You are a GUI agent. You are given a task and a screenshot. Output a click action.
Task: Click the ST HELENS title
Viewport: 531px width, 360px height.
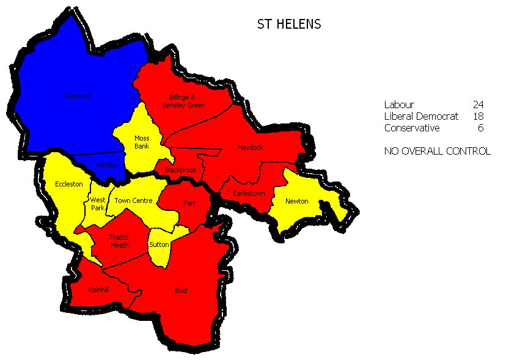click(289, 24)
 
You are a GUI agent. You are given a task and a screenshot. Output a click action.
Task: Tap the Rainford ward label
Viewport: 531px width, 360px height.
click(78, 96)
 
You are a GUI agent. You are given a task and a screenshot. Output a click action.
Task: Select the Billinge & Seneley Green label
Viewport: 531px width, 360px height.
click(183, 101)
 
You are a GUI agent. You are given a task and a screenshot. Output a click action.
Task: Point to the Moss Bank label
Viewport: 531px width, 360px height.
click(142, 142)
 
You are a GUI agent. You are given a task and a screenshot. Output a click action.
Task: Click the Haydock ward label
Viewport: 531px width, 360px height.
click(251, 147)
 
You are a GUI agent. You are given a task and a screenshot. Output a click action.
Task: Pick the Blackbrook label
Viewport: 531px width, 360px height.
click(181, 170)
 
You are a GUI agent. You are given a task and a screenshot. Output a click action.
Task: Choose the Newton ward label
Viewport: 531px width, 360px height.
click(296, 201)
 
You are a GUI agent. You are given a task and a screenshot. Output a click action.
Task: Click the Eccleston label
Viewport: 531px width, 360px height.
click(68, 184)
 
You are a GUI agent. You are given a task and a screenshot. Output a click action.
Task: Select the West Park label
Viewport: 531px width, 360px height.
click(98, 204)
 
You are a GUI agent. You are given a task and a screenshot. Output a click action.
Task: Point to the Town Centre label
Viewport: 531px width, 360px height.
click(133, 200)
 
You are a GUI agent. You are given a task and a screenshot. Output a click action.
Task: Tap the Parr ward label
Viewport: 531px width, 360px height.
click(189, 202)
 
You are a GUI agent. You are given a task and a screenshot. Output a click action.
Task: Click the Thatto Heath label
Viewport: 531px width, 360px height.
click(119, 241)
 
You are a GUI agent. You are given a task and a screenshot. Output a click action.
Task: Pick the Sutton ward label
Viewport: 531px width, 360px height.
click(159, 244)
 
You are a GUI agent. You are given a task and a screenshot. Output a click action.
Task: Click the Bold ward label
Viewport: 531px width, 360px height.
click(181, 290)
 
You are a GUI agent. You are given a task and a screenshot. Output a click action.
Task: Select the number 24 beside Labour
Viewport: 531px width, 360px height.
click(478, 105)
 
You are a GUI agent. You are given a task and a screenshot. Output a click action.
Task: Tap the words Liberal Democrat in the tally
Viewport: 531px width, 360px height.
click(421, 116)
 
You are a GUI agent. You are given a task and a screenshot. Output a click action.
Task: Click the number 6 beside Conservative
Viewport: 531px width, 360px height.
click(481, 128)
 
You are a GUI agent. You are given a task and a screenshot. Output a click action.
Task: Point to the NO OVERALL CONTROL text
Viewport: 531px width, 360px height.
click(437, 151)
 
